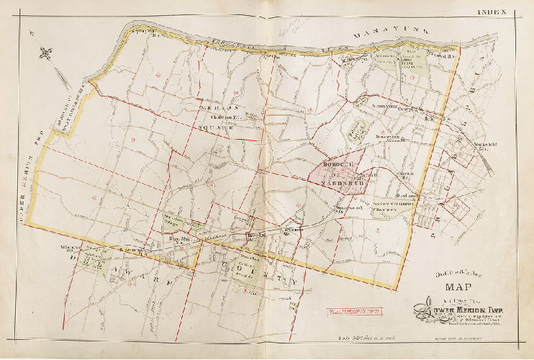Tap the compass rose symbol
[47, 53]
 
